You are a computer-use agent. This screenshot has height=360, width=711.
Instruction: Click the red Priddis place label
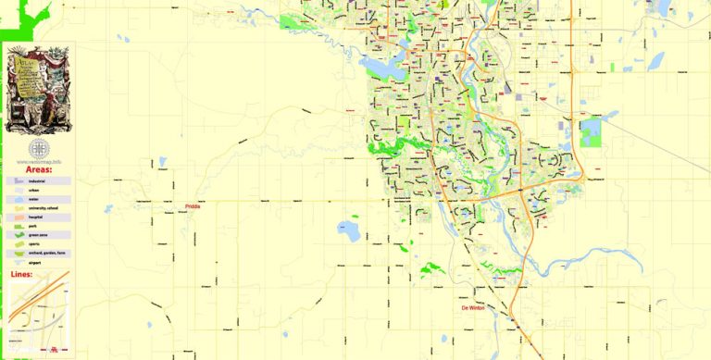(193, 206)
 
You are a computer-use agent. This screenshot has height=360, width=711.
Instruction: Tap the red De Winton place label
(472, 308)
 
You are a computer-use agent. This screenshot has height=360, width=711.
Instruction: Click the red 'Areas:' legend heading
(38, 169)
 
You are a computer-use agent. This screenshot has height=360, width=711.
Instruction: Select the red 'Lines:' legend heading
(21, 275)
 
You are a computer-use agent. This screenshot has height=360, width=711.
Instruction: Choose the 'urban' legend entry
(34, 191)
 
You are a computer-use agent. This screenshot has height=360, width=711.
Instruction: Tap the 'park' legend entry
(32, 227)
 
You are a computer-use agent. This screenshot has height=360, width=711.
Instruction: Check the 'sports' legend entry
(33, 244)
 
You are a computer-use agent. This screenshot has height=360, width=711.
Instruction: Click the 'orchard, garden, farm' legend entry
(42, 253)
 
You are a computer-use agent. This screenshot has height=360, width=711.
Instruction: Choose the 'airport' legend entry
(34, 262)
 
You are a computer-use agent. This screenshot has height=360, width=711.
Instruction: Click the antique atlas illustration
(37, 90)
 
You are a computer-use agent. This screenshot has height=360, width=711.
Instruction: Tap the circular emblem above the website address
(38, 149)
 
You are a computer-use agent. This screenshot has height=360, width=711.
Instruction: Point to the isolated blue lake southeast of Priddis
(349, 228)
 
